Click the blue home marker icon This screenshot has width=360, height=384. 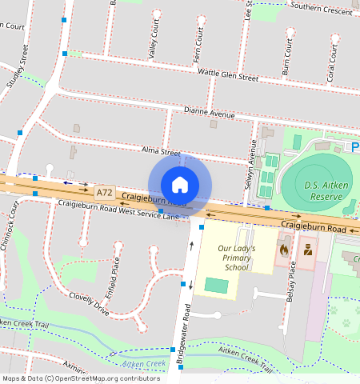click(180, 185)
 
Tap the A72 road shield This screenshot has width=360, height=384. click(104, 193)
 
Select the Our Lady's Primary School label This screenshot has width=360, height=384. click(237, 258)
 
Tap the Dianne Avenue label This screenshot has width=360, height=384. click(209, 114)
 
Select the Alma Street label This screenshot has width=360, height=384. click(161, 150)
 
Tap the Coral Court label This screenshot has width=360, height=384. click(330, 62)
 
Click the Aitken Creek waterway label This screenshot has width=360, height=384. click(146, 364)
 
